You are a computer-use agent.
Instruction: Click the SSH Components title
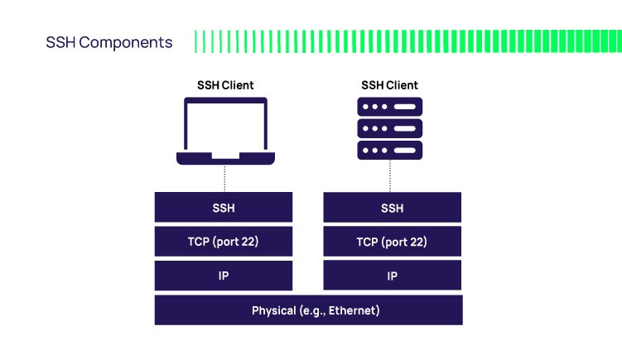point(109,42)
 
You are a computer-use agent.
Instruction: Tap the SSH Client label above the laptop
point(225,85)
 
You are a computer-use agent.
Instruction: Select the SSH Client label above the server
point(389,85)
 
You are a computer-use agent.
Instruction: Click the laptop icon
point(225,131)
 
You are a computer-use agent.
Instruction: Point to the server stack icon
point(389,128)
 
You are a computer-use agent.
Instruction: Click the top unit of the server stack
point(389,107)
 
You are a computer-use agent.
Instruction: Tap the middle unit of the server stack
point(389,128)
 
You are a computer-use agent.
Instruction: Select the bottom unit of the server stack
point(389,150)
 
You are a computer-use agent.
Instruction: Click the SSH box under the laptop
point(224,208)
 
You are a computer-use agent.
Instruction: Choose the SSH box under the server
point(392,208)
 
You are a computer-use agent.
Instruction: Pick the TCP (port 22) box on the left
point(224,242)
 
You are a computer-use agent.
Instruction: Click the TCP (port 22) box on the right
point(392,242)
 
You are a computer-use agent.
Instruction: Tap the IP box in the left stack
point(224,276)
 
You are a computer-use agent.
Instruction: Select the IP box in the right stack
point(392,276)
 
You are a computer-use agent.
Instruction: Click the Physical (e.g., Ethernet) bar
point(308,310)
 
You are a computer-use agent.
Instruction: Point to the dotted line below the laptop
point(225,177)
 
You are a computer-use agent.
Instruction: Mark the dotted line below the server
point(390,175)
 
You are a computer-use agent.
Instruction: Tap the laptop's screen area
point(225,126)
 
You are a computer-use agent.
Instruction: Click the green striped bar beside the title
point(406,41)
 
